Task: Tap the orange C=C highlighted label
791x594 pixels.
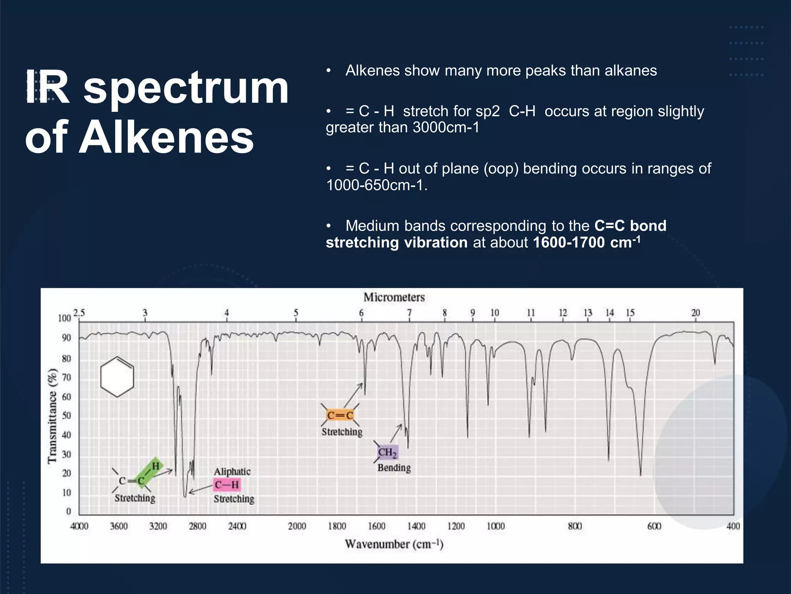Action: pos(340,415)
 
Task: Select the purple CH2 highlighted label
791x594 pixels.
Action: pos(387,452)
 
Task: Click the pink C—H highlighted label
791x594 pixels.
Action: pos(227,485)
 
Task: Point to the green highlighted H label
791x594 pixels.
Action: pos(155,466)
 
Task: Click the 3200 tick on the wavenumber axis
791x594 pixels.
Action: pos(158,526)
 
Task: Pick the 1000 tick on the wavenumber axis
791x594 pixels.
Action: pos(496,526)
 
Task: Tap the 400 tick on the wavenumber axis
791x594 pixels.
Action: pos(733,526)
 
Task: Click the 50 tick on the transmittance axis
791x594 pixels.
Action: pos(66,415)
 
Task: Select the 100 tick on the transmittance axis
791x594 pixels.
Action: pos(65,318)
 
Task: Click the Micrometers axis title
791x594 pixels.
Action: pos(394,297)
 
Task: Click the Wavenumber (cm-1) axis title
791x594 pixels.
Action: pos(394,544)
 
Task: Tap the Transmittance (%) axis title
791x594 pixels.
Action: pos(52,416)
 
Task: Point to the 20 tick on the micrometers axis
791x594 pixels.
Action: pos(695,312)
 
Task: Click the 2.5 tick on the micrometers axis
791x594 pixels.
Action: pos(79,312)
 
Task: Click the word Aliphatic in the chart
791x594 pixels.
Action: pos(232,471)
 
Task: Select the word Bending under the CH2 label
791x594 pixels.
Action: pos(394,468)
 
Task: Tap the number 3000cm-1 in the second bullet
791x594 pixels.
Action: pos(446,128)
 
